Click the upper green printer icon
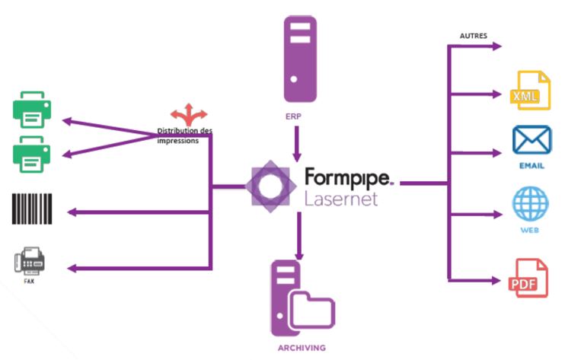pos(31,109)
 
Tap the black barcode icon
pos(31,209)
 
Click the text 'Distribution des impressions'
pos(184,135)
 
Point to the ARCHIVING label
pos(301,347)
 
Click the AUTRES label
pos(474,35)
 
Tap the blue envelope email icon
pos(531,142)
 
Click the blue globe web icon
pos(530,205)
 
